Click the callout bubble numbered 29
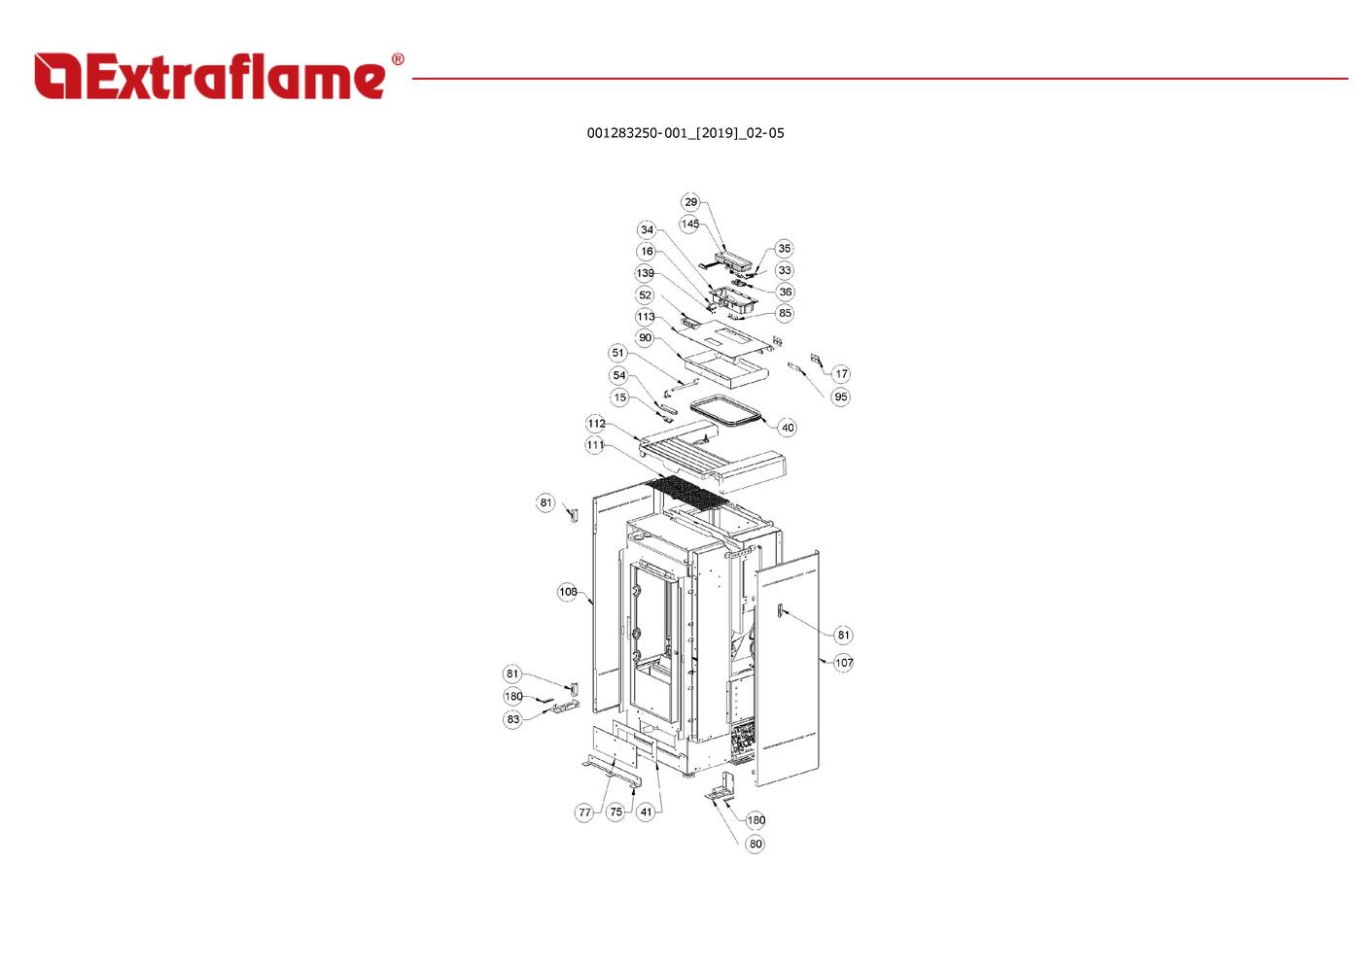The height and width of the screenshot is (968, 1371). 690,202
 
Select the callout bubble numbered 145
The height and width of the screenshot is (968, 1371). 689,224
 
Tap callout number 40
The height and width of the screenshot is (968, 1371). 788,428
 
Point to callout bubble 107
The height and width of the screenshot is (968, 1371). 843,663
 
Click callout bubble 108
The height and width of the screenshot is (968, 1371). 568,592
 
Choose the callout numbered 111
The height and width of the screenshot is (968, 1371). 595,445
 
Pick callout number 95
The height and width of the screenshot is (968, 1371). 841,397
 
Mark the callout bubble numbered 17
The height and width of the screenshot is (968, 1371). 842,374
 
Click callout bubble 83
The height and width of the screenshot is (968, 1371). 512,719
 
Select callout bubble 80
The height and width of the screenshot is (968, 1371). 756,844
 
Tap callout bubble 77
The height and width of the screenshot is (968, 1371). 584,812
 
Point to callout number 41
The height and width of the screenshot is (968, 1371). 647,812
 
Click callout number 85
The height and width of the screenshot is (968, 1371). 785,313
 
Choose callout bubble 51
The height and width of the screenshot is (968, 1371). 618,353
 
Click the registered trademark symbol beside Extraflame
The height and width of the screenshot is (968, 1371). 398,59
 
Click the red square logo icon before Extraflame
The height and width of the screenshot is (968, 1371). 57,76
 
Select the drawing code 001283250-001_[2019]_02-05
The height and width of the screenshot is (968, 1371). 685,133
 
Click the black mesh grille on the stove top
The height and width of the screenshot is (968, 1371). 689,492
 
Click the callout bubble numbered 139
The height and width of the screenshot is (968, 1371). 645,273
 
